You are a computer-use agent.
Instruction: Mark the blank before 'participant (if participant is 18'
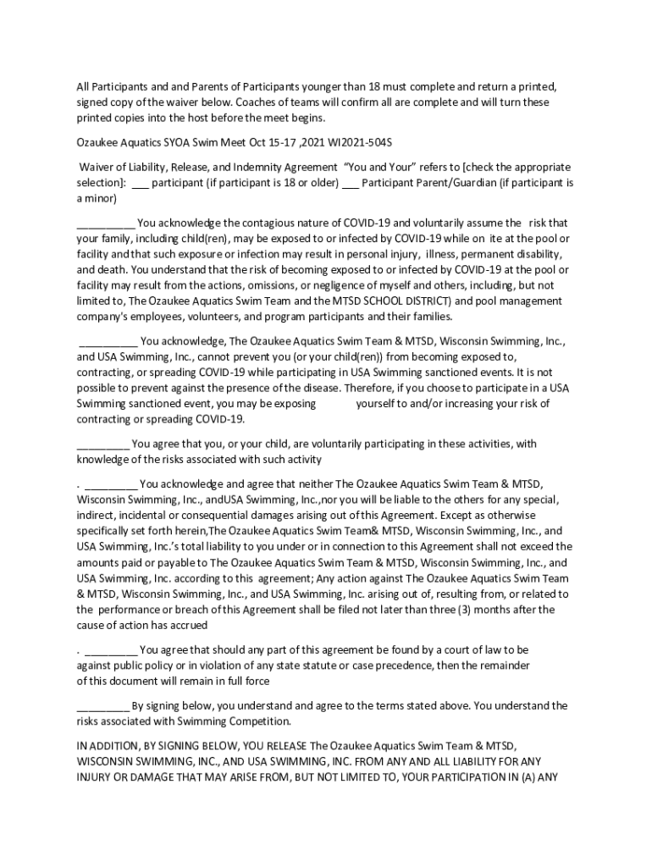pos(141,183)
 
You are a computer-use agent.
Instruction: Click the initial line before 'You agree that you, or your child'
pos(102,444)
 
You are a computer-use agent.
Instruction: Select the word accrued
pos(187,625)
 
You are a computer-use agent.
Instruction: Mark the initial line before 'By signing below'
pos(102,705)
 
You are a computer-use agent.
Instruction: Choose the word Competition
pos(258,721)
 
